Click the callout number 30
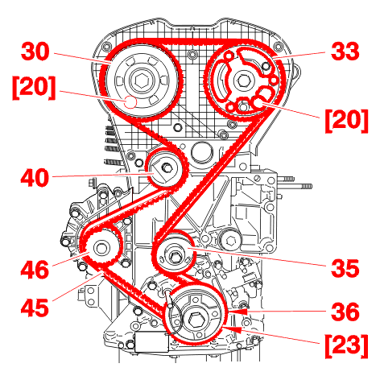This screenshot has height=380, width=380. click(x=35, y=52)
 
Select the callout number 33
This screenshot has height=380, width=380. click(x=345, y=52)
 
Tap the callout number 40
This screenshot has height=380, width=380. click(x=35, y=178)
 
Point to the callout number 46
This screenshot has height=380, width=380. click(x=35, y=269)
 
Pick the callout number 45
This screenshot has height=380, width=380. click(x=35, y=308)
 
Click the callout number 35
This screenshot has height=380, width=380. click(x=345, y=268)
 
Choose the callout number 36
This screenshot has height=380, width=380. click(x=345, y=312)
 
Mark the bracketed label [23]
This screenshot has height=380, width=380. click(x=346, y=346)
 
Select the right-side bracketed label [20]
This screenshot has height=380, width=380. click(x=346, y=121)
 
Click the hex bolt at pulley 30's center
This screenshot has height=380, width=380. click(x=141, y=80)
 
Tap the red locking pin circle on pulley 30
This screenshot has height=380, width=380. click(x=131, y=102)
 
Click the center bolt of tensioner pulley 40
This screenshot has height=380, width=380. click(x=167, y=167)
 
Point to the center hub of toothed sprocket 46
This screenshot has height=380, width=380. click(x=101, y=248)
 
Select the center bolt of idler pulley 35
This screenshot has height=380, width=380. click(x=175, y=256)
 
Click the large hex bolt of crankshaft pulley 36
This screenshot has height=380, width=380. click(x=196, y=320)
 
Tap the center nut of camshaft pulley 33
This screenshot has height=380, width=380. click(x=243, y=80)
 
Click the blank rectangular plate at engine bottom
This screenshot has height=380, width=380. click(x=152, y=342)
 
